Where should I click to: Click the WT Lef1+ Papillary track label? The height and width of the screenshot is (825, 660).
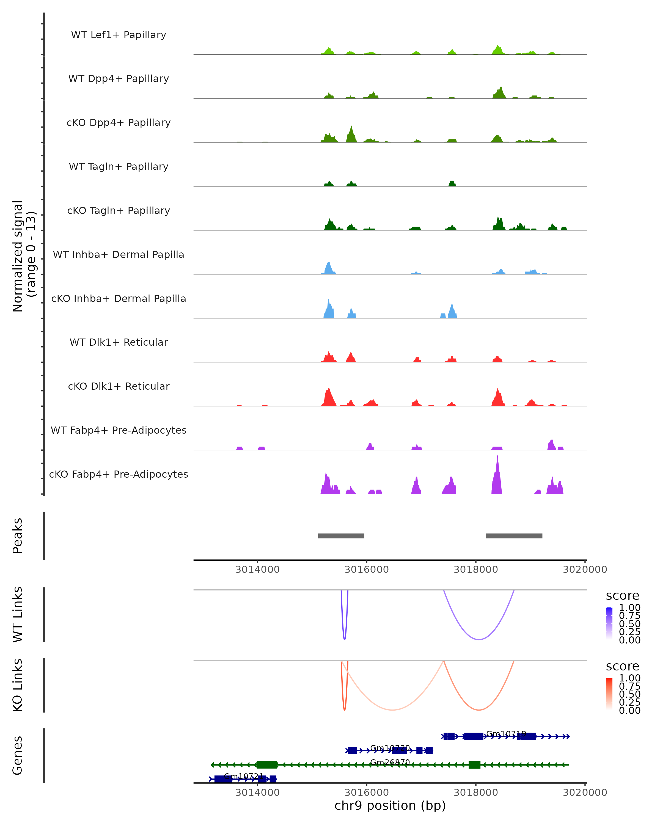(x=119, y=35)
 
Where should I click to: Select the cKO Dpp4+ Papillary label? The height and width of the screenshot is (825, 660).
(x=119, y=123)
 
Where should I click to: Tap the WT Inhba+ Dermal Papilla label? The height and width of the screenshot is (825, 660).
(x=119, y=255)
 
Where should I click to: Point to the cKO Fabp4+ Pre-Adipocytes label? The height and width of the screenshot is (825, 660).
(x=119, y=474)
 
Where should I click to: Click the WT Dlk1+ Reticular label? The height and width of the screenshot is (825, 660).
(x=119, y=342)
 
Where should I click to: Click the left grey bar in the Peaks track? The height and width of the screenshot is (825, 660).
(x=341, y=536)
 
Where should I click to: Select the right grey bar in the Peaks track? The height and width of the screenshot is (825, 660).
(x=514, y=536)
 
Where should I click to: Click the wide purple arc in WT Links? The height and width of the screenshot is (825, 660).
(x=479, y=639)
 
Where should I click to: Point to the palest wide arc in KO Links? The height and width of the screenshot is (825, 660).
(x=392, y=710)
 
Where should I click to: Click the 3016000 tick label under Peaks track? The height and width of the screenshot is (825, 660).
(x=367, y=570)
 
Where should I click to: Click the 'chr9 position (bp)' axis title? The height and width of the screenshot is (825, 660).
(x=390, y=806)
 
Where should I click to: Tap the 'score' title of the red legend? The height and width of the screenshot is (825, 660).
(x=623, y=666)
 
